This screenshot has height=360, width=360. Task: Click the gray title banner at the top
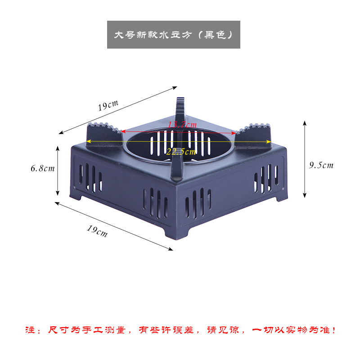pyautogui.click(x=173, y=35)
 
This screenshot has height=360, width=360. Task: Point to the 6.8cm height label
pyautogui.click(x=42, y=169)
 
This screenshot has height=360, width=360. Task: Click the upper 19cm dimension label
pyautogui.click(x=108, y=106)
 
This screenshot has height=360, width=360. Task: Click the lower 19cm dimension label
pyautogui.click(x=97, y=230)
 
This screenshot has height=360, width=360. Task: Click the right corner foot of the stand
pyautogui.click(x=282, y=196)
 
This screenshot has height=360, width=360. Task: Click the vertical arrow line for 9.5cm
pyautogui.click(x=305, y=159)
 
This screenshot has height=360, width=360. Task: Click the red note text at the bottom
pyautogui.click(x=180, y=330)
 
